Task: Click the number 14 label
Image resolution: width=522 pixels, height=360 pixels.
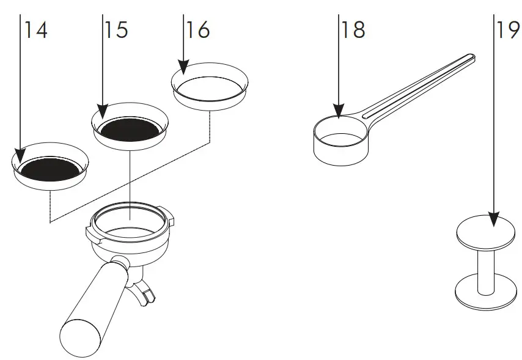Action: [x=36, y=31]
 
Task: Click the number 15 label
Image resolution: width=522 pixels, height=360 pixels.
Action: [x=116, y=31]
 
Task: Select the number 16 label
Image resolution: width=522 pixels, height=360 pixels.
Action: [x=197, y=29]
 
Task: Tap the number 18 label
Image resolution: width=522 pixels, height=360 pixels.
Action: [x=353, y=29]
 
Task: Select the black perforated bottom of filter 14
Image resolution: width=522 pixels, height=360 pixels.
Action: [x=50, y=171]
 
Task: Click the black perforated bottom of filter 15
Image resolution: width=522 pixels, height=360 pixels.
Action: [x=132, y=129]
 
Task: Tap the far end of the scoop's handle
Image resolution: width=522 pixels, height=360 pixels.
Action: [x=469, y=57]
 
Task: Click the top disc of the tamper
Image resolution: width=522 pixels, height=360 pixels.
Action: [x=486, y=233]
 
